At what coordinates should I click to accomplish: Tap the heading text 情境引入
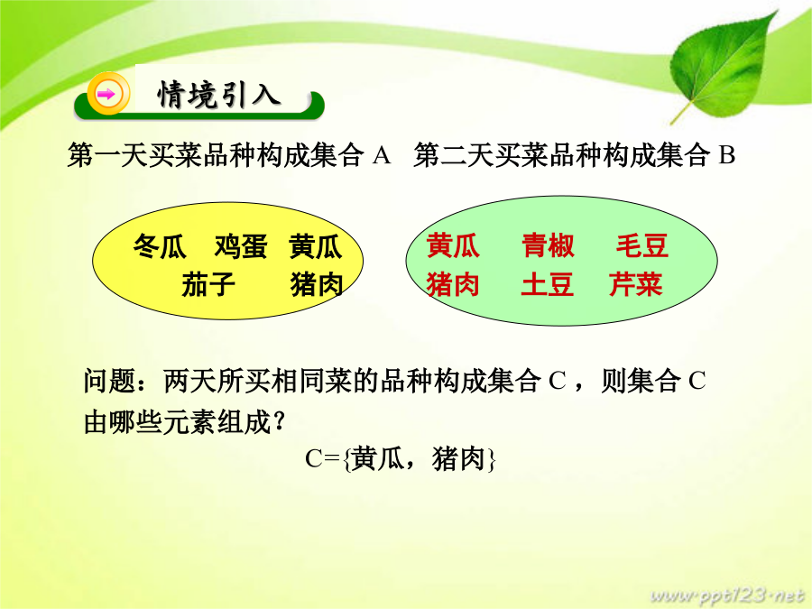[219, 95]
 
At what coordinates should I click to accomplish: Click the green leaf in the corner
[723, 69]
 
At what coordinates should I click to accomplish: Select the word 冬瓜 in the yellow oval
[160, 246]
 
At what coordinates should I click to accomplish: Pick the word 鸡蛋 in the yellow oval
[241, 246]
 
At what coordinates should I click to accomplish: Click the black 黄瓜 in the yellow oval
[316, 246]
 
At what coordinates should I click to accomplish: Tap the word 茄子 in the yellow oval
[208, 284]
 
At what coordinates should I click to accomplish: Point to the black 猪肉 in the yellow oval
[317, 284]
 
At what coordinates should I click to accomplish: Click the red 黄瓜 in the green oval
[453, 245]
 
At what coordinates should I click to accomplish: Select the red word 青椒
[548, 245]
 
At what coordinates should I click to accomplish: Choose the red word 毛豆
[642, 245]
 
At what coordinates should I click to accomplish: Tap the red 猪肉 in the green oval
[453, 284]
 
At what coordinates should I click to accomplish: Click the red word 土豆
[548, 284]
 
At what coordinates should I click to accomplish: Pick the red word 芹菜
[636, 284]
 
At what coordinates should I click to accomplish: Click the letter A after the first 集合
[382, 155]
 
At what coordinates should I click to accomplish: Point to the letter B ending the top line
[727, 155]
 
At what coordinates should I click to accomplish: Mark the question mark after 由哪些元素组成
[278, 421]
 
